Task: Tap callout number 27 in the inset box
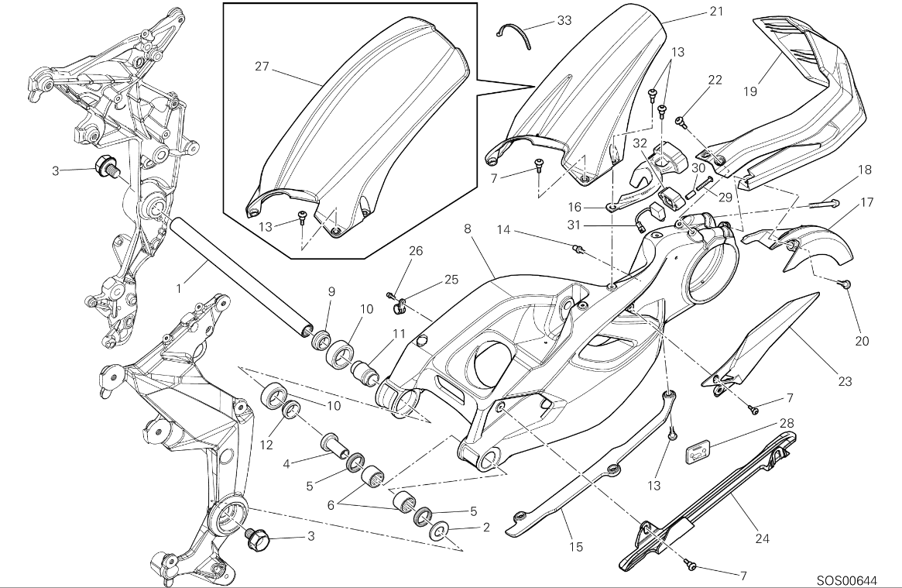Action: coord(261,67)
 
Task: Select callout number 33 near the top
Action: coord(564,21)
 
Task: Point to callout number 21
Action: coord(715,12)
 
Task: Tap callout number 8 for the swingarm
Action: coord(468,229)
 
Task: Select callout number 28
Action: coord(787,424)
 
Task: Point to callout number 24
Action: coord(762,538)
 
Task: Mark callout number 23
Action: coord(844,380)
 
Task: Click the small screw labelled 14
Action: coord(577,249)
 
